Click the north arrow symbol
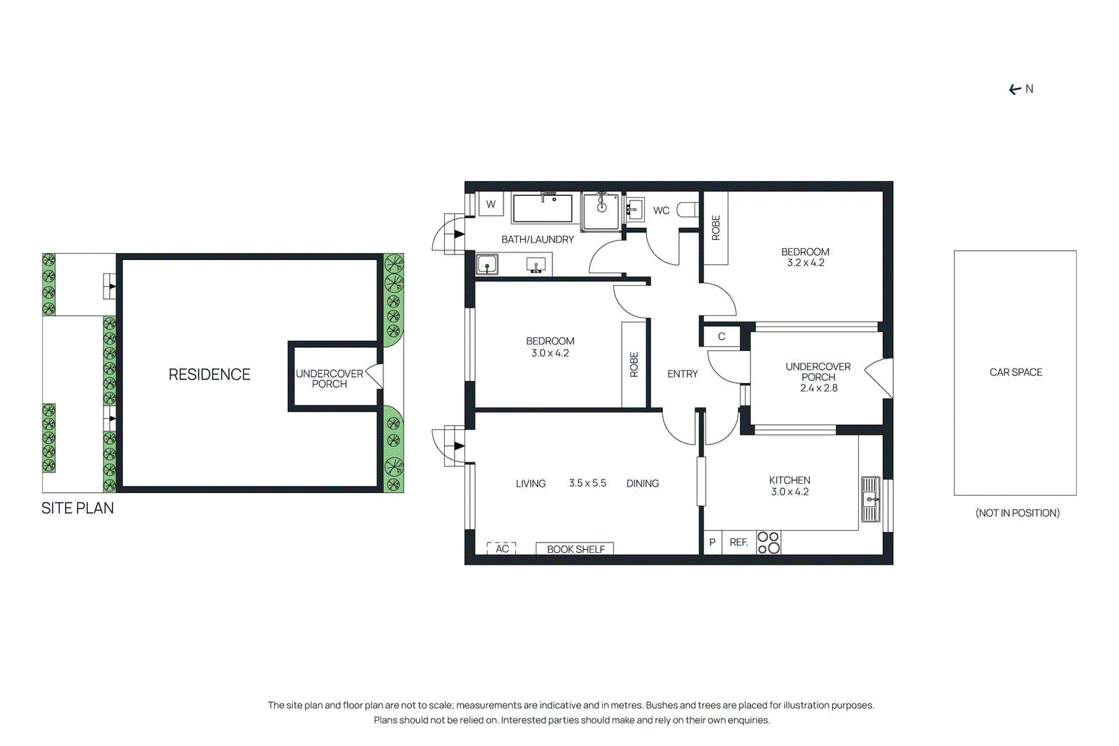pyautogui.click(x=1015, y=89)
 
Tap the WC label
pyautogui.click(x=661, y=210)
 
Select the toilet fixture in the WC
pyautogui.click(x=687, y=210)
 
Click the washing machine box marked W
pyautogui.click(x=491, y=204)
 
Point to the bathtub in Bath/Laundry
pyautogui.click(x=542, y=208)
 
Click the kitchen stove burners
pyautogui.click(x=769, y=543)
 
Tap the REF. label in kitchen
pyautogui.click(x=739, y=543)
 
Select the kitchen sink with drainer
pyautogui.click(x=870, y=499)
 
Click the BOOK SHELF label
pyautogui.click(x=575, y=550)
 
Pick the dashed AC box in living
pyautogui.click(x=501, y=549)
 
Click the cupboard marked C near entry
pyautogui.click(x=722, y=336)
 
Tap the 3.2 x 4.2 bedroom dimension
pyautogui.click(x=806, y=263)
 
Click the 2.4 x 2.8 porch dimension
pyautogui.click(x=818, y=388)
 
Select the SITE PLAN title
pyautogui.click(x=78, y=508)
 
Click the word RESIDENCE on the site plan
pyautogui.click(x=209, y=375)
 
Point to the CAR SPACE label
pyautogui.click(x=1015, y=373)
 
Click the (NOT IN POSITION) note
pyautogui.click(x=1017, y=513)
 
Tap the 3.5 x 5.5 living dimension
pyautogui.click(x=587, y=483)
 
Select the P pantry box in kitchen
pyautogui.click(x=712, y=543)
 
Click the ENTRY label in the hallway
pyautogui.click(x=682, y=374)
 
